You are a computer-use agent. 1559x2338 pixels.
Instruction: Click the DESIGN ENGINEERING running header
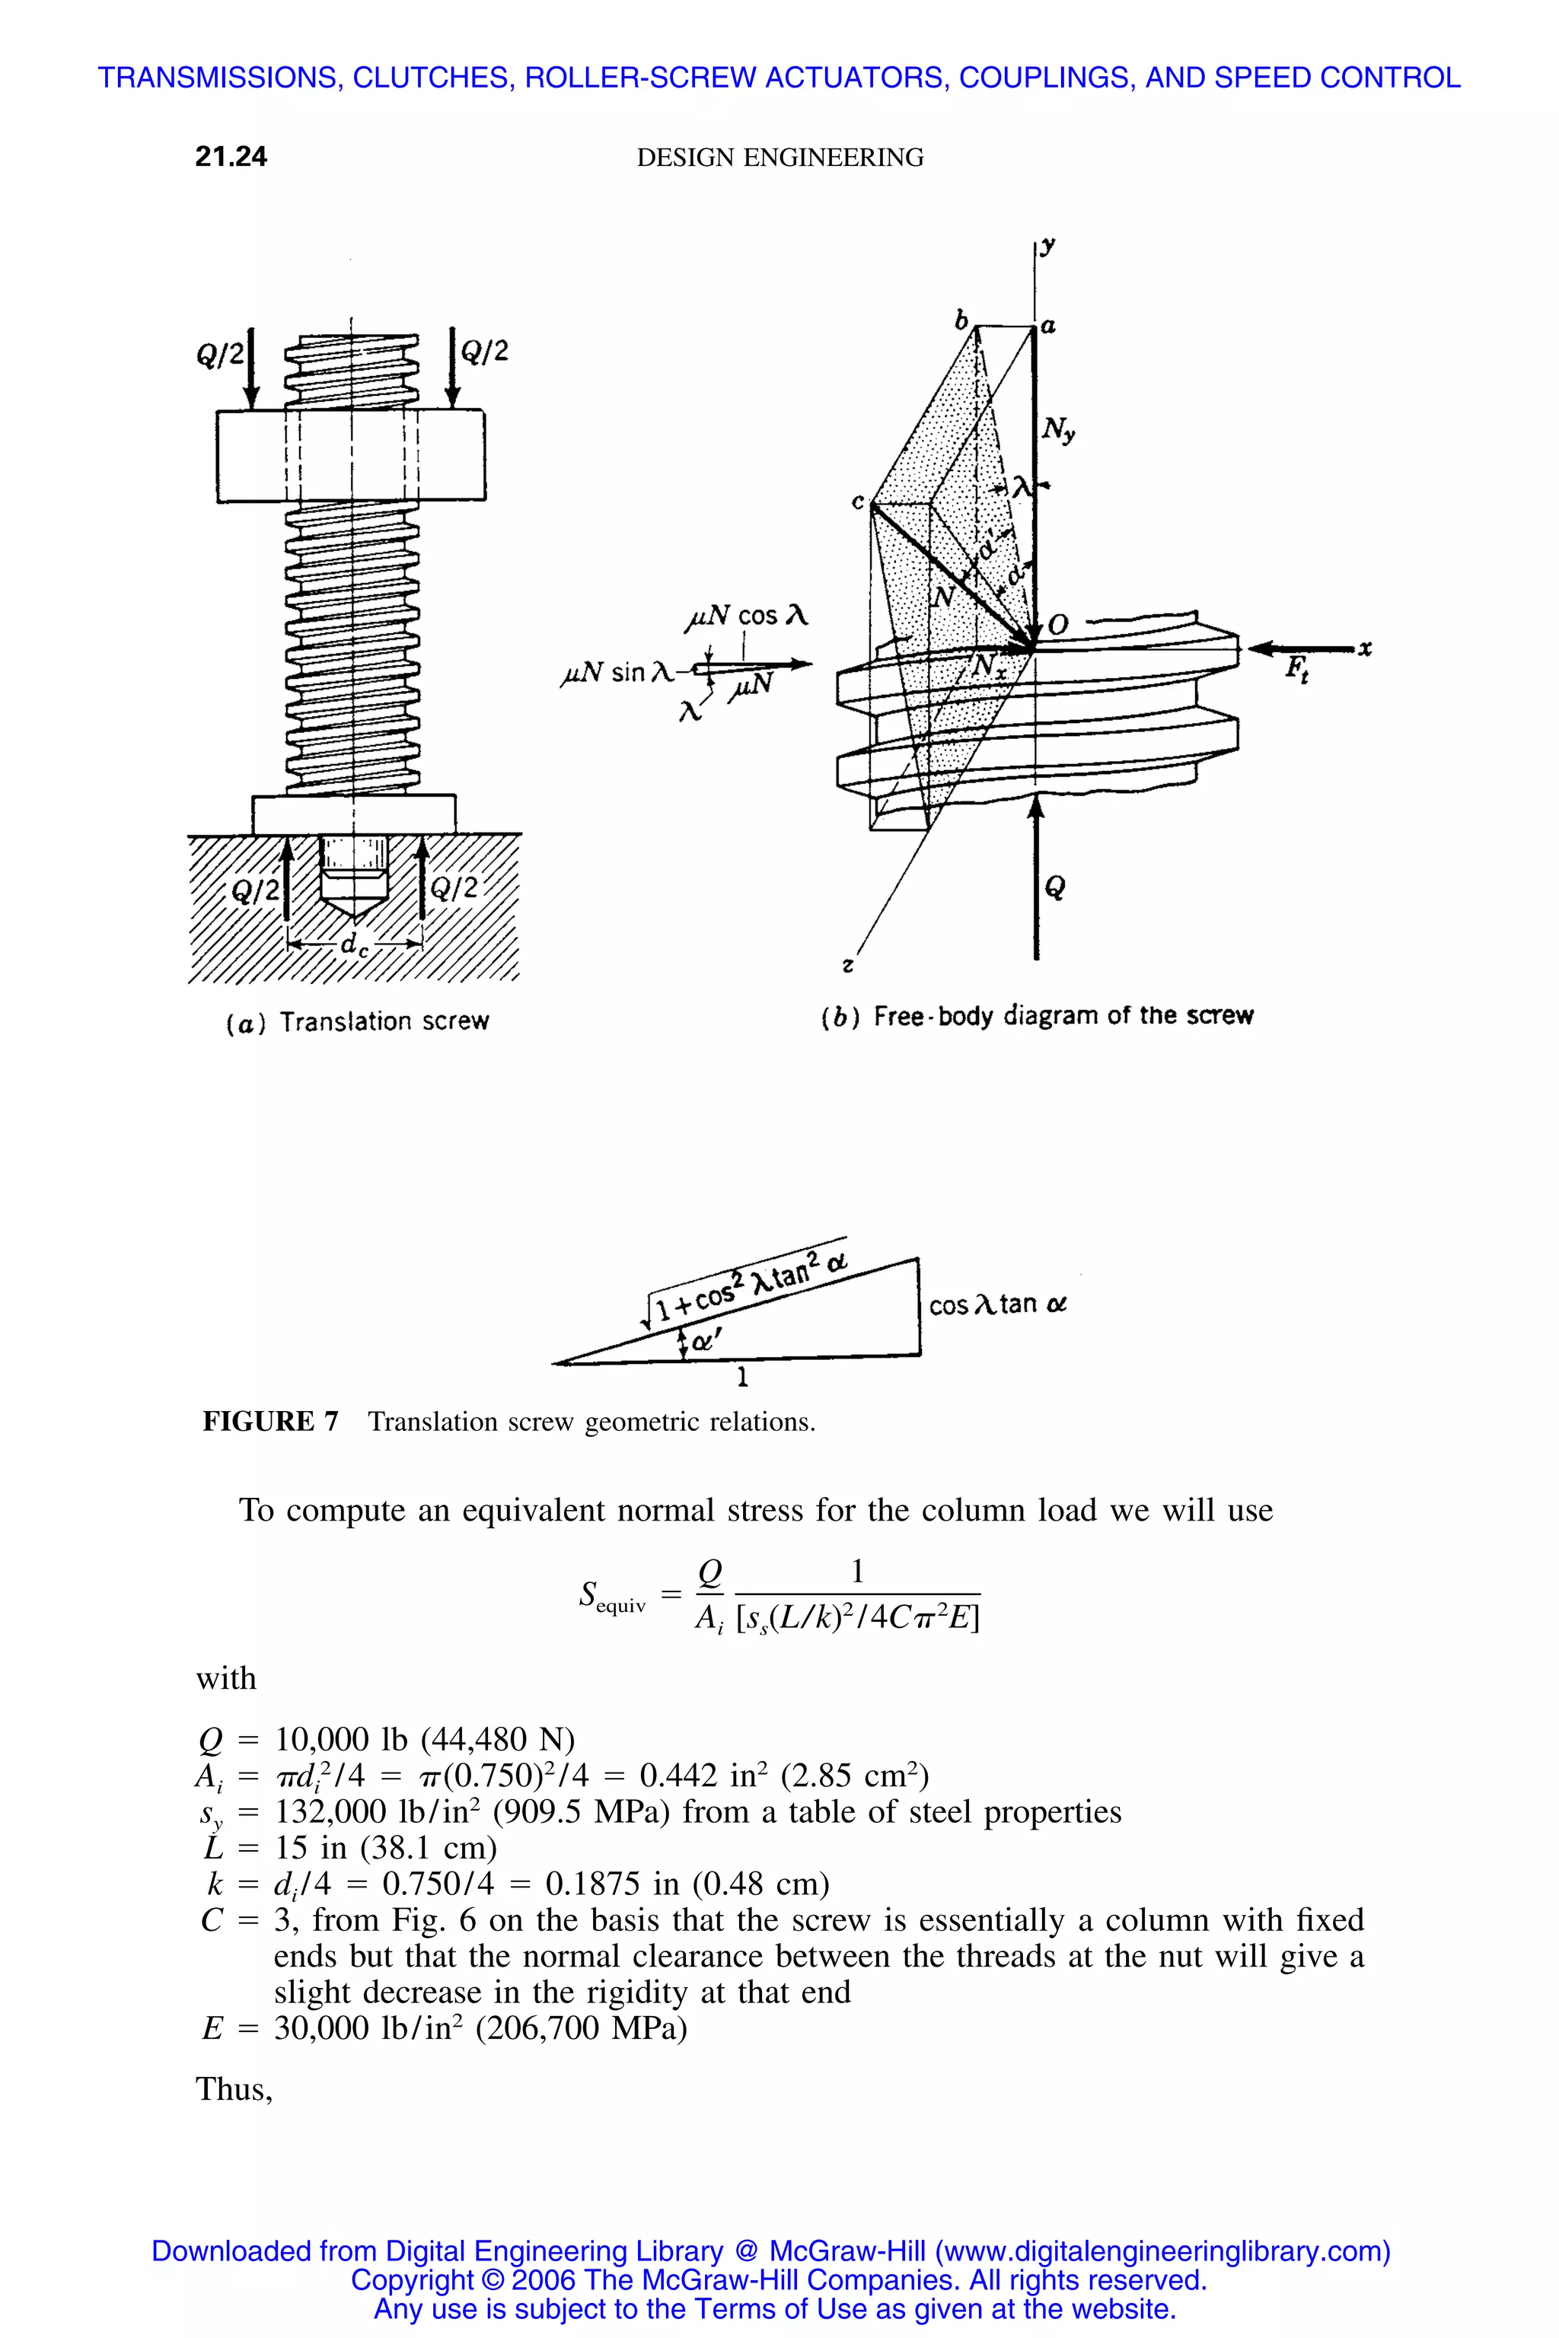click(779, 158)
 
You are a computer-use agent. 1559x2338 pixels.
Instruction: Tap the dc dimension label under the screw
click(354, 945)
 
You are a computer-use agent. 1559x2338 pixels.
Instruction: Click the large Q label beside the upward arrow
click(1056, 887)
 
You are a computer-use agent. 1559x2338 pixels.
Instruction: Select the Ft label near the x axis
click(1296, 669)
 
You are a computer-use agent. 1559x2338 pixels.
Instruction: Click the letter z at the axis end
click(847, 964)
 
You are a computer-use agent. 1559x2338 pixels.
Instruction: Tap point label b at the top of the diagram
click(961, 321)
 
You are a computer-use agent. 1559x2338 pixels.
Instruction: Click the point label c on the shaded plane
click(857, 503)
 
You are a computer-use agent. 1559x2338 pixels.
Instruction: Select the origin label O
click(1058, 626)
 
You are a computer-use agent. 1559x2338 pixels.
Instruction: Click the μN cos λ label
click(747, 616)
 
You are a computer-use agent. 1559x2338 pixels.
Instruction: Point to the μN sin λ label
click(617, 673)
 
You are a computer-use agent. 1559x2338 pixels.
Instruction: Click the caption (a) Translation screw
click(358, 1022)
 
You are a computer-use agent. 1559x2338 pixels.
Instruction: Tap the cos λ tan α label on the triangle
click(997, 1304)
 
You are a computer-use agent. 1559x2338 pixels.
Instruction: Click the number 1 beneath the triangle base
click(741, 1378)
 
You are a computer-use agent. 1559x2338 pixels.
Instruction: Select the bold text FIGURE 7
click(270, 1422)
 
